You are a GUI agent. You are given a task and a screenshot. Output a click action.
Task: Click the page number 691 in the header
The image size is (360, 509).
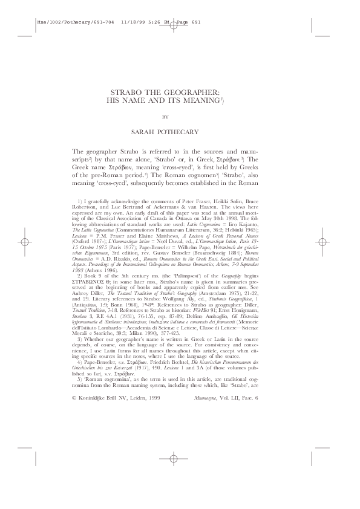point(192,22)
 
